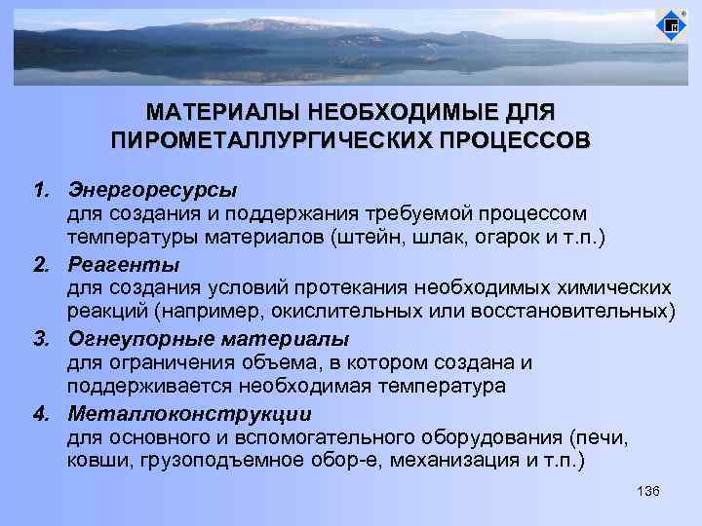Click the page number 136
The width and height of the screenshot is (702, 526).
647,490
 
